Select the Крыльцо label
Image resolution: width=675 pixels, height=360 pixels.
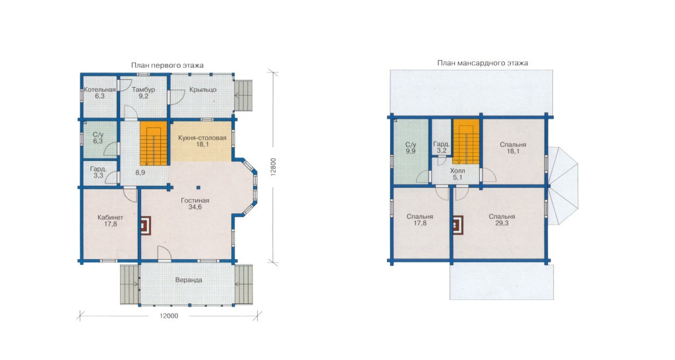tap(203, 90)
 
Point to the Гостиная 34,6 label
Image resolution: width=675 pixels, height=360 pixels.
tap(195, 204)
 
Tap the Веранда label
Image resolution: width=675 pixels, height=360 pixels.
tap(189, 280)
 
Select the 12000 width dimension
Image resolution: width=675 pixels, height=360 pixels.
tap(169, 316)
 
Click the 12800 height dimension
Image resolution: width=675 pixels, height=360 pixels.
tap(274, 167)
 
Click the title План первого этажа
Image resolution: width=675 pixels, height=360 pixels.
tap(167, 65)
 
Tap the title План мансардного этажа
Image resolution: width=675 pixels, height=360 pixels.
tap(483, 63)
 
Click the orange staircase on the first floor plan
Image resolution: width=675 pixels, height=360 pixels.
tap(153, 143)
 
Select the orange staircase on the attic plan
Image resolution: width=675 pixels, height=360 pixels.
tap(466, 142)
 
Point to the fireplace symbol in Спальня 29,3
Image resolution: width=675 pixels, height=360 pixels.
tap(458, 225)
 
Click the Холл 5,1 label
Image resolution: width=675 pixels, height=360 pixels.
tap(457, 174)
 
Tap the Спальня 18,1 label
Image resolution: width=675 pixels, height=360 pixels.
tap(513, 148)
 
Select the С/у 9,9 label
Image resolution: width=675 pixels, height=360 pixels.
tap(411, 148)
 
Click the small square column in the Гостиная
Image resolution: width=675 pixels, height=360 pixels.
tap(198, 187)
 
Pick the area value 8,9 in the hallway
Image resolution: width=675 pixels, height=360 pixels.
tap(140, 172)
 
